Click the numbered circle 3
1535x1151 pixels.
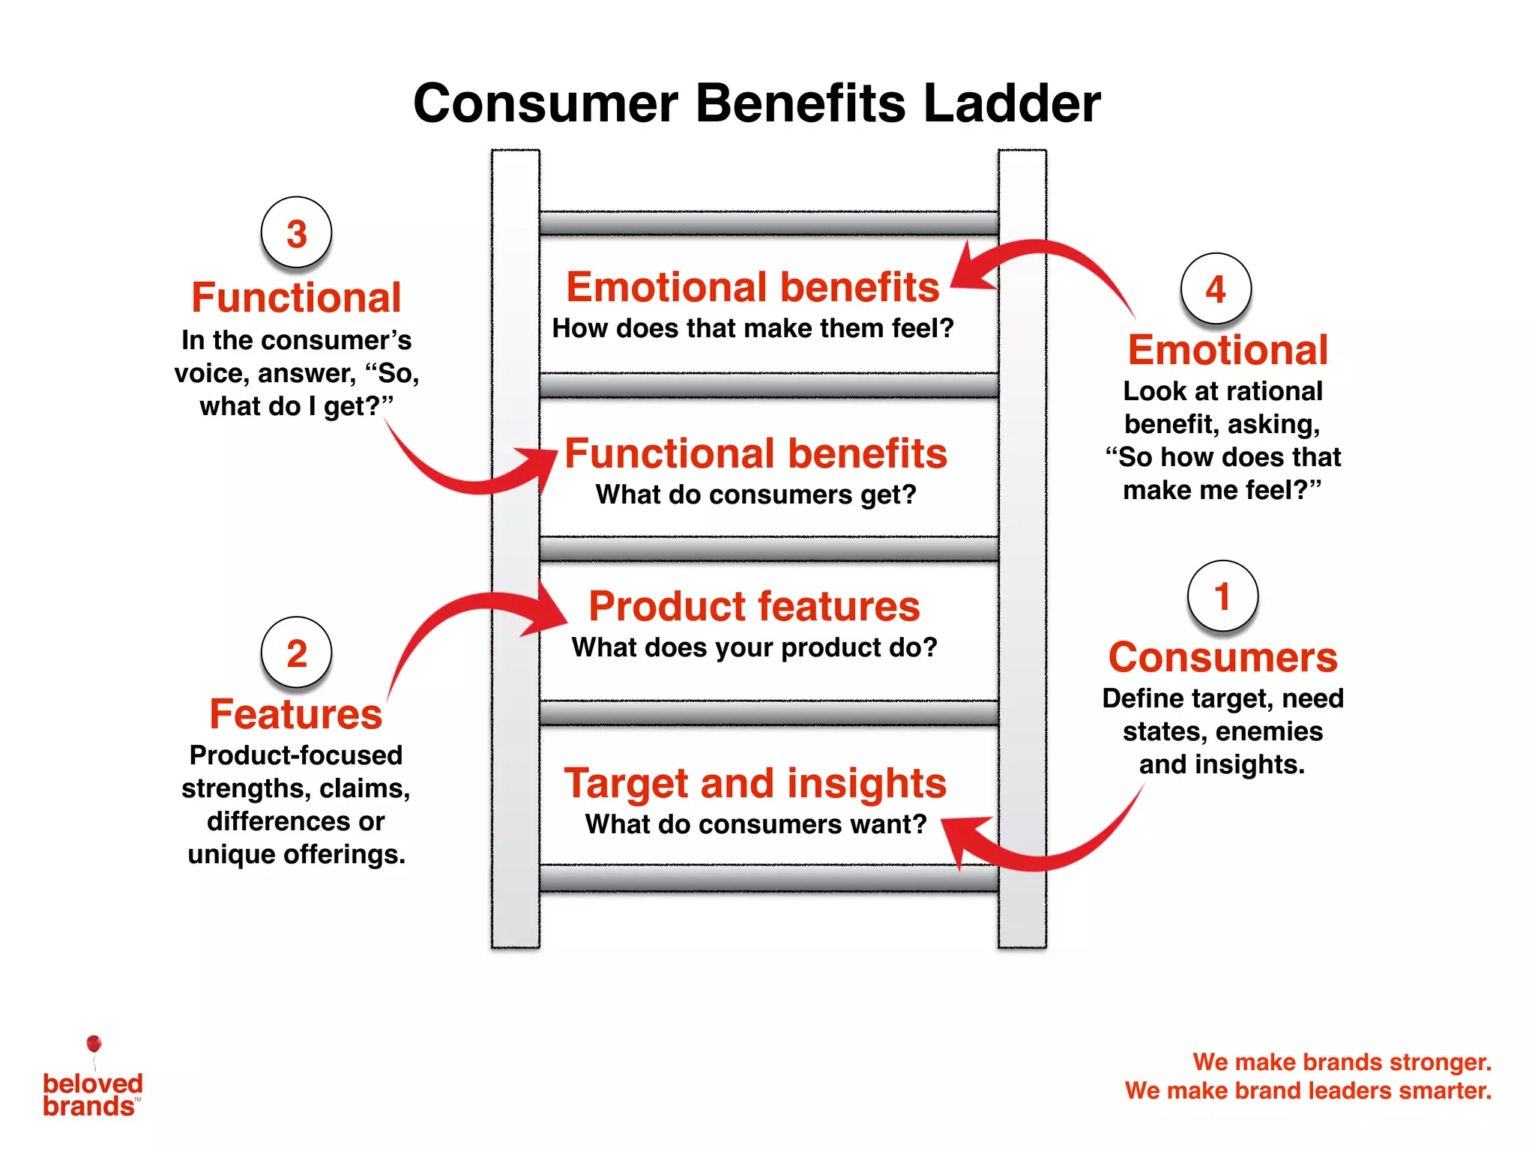(x=296, y=233)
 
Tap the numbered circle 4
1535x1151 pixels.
(x=1216, y=289)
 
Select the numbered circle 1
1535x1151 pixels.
(x=1222, y=596)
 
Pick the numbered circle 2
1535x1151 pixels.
(x=296, y=653)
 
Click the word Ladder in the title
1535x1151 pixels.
(x=1012, y=103)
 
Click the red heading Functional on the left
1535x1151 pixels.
(x=296, y=297)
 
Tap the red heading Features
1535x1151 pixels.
(x=296, y=714)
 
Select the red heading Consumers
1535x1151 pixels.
(x=1222, y=657)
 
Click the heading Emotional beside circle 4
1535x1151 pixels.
(x=1228, y=350)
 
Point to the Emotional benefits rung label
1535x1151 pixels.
(x=753, y=287)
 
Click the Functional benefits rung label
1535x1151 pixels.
(x=756, y=453)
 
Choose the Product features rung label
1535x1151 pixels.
(x=754, y=606)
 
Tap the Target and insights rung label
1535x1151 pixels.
(x=756, y=783)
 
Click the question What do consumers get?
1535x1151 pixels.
(x=756, y=495)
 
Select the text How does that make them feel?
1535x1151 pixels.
(x=753, y=328)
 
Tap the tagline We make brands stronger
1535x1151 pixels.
(x=1342, y=1062)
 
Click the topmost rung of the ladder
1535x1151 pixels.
(x=768, y=223)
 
